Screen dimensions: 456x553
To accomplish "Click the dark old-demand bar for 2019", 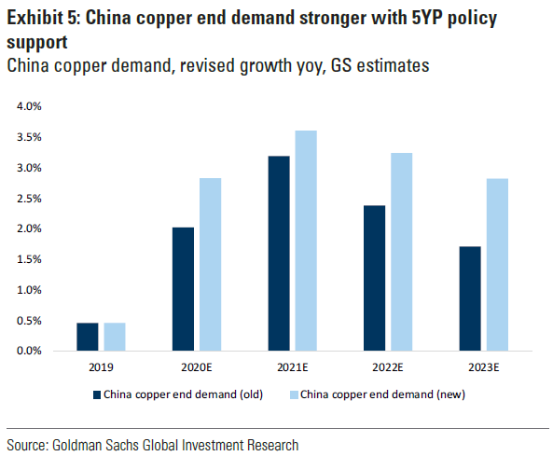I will (x=88, y=337).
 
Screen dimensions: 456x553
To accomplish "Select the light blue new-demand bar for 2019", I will (x=115, y=337).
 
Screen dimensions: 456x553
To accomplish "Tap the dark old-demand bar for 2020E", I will (x=183, y=289).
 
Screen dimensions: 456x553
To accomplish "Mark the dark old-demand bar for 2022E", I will (x=374, y=278).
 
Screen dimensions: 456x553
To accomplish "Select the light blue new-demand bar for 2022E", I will (x=401, y=252).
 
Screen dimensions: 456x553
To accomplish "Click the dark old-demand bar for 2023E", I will (x=470, y=298).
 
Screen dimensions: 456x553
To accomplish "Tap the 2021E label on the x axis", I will (x=292, y=366).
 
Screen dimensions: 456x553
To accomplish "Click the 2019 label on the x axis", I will (x=101, y=366).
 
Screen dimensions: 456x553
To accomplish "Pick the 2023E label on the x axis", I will (x=483, y=366).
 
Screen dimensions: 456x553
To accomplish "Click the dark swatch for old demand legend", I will (x=96, y=394).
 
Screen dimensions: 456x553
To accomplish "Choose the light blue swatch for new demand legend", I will (x=294, y=394).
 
